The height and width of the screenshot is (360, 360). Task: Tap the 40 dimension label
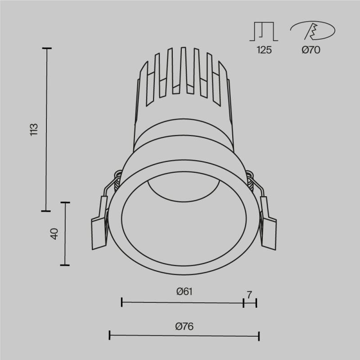coord(54,234)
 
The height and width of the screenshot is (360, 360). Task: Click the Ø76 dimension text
coord(184,326)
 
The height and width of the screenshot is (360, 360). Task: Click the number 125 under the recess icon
coord(264,50)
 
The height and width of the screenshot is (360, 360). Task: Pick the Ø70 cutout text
coord(310,50)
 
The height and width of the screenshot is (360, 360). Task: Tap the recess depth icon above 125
coord(264,31)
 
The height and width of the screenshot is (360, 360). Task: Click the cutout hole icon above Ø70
coord(312,31)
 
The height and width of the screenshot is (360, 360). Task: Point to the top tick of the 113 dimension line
coord(47,48)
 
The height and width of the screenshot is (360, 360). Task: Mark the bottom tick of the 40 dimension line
coord(65,265)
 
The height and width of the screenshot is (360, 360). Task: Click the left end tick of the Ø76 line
coord(110,335)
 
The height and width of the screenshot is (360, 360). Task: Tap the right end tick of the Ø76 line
coord(259,335)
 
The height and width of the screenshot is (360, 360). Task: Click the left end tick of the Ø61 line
coord(122,302)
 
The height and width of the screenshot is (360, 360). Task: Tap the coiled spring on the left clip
coord(117,180)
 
